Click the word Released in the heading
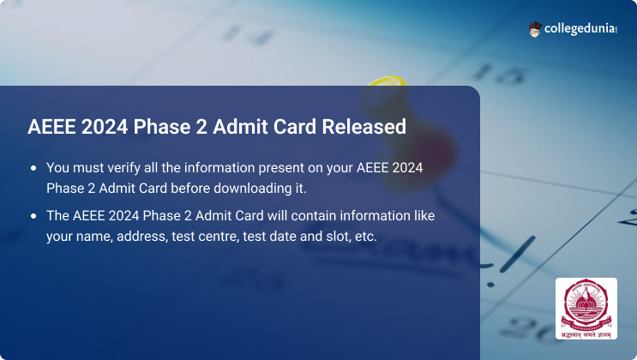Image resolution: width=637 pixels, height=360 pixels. pos(364,126)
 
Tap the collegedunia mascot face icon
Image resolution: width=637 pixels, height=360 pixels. pos(535,29)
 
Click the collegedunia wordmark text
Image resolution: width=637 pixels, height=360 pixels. pos(580,29)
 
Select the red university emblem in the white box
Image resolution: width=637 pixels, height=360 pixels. pos(586,305)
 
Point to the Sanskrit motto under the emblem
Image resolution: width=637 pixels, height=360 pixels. pos(586,335)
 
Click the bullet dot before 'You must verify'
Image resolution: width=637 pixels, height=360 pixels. pos(33,168)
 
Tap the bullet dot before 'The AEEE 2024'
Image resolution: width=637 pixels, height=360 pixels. pos(33,216)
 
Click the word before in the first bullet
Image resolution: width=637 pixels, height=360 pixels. pos(190,189)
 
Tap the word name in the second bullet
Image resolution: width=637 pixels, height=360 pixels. pos(94,237)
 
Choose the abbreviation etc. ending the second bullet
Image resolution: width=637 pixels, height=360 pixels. pos(366,237)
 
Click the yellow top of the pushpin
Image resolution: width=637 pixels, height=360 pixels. pos(387,81)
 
